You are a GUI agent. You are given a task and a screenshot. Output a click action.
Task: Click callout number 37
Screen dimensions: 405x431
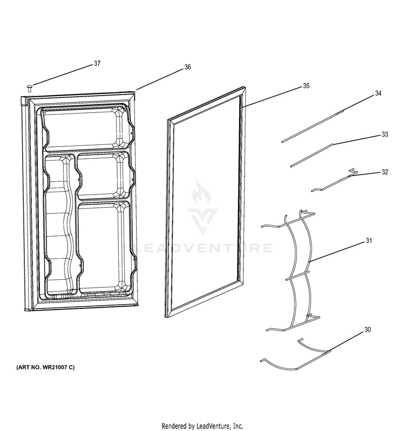pyautogui.click(x=97, y=64)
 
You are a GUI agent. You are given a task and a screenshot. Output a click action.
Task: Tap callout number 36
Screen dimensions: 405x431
pyautogui.click(x=187, y=67)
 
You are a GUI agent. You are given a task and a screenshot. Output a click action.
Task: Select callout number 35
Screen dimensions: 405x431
pyautogui.click(x=306, y=86)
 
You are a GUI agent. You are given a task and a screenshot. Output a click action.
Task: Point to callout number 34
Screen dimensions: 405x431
pyautogui.click(x=379, y=93)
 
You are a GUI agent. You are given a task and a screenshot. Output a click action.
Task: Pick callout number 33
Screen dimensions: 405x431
pyautogui.click(x=385, y=134)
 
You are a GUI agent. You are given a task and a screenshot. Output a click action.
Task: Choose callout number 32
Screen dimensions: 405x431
pyautogui.click(x=385, y=172)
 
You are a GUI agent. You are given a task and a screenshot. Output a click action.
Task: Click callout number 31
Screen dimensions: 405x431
pyautogui.click(x=369, y=241)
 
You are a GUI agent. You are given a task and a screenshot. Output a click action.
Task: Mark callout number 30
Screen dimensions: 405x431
pyautogui.click(x=368, y=329)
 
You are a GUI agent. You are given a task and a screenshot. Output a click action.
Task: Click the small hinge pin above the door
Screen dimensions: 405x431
pyautogui.click(x=29, y=89)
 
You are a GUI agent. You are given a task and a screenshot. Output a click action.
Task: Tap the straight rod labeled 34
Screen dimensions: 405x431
pyautogui.click(x=313, y=126)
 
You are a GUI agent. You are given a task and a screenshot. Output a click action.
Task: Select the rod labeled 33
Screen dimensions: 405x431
pyautogui.click(x=312, y=155)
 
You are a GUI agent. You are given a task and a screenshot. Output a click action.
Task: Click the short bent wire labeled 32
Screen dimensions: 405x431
pyautogui.click(x=334, y=181)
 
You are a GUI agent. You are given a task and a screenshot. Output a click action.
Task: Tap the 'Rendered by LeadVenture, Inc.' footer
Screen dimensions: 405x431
pyautogui.click(x=202, y=426)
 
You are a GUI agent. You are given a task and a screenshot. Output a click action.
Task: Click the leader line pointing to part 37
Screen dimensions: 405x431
pyautogui.click(x=63, y=75)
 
